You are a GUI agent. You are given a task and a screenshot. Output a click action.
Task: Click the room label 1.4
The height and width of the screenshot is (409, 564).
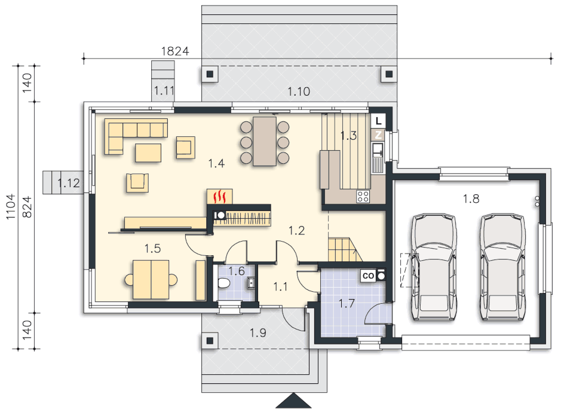click(216, 163)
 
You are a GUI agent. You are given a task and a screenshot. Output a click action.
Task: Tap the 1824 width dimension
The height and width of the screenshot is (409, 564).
click(175, 51)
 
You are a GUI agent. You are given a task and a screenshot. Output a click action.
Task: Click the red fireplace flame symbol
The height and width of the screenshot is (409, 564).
click(219, 197)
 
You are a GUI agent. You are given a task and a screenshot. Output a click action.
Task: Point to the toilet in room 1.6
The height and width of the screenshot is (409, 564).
click(224, 283)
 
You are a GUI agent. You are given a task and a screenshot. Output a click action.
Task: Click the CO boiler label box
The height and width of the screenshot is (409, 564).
click(368, 276)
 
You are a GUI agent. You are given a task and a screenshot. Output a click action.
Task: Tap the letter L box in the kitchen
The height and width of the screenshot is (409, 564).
click(378, 121)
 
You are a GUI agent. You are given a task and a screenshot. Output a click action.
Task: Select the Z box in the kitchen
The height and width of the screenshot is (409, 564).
click(378, 135)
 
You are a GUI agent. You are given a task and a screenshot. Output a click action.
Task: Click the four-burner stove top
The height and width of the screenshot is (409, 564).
click(363, 197)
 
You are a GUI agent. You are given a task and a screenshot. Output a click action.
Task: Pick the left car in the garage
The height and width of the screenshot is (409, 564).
click(434, 267)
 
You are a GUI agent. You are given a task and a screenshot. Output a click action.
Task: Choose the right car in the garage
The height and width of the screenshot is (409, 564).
click(503, 267)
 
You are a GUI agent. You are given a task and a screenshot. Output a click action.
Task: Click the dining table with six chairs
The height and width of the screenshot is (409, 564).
click(265, 142)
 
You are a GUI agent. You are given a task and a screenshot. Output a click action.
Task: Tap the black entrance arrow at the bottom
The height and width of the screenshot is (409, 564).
click(294, 401)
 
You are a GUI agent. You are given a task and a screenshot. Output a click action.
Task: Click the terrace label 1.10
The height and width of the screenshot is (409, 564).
click(299, 91)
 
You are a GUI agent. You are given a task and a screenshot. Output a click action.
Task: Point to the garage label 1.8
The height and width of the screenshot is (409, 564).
click(471, 199)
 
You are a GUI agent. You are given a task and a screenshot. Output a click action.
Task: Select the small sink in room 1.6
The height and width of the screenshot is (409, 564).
click(251, 283)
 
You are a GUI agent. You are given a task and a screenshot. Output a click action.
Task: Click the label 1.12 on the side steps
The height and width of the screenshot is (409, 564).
click(68, 183)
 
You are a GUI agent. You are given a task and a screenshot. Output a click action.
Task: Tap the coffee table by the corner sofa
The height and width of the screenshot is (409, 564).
click(148, 152)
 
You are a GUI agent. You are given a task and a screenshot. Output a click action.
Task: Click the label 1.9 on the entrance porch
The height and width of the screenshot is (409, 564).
click(258, 333)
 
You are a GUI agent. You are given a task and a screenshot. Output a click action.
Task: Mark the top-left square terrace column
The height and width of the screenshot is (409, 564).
click(210, 74)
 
